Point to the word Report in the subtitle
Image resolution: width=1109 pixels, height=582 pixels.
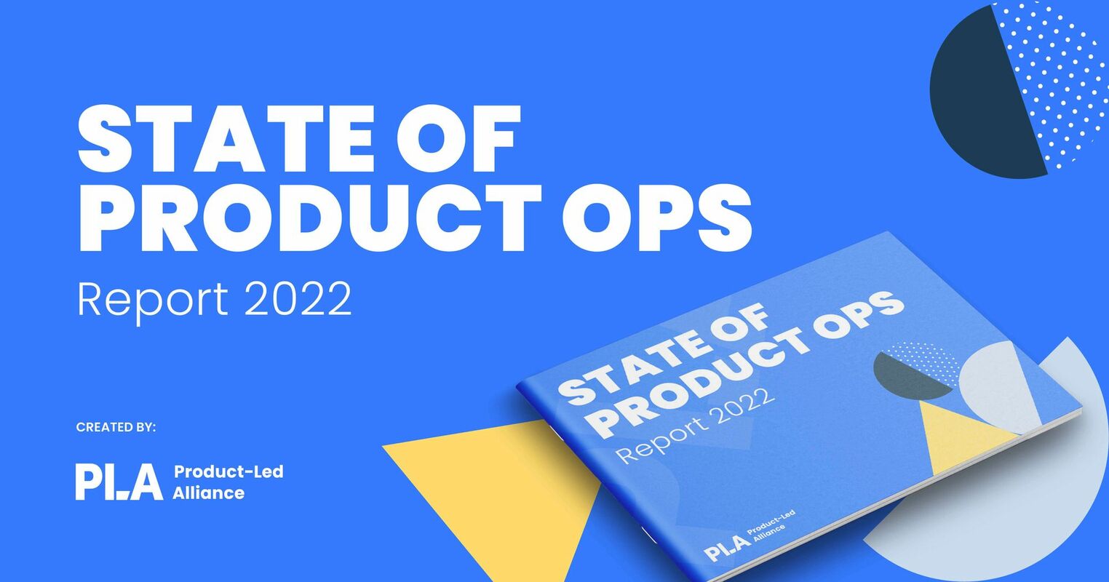pos(153,299)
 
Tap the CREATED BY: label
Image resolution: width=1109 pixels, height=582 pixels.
pos(116,427)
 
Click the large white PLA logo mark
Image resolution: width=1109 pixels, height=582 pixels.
pos(119,482)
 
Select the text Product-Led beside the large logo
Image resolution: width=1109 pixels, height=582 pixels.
pos(228,471)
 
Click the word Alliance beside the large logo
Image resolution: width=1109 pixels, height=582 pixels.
pos(209,493)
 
